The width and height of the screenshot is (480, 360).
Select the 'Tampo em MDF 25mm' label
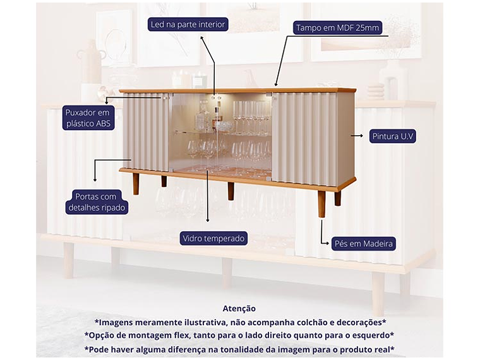tap(337, 28)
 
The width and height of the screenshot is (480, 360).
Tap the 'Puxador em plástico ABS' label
tap(88, 118)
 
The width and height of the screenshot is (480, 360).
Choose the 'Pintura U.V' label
tap(393, 136)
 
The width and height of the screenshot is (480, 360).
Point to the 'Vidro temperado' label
tap(213, 238)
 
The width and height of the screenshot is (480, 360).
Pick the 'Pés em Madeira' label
tap(363, 243)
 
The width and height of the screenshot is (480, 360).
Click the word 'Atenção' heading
tap(239, 308)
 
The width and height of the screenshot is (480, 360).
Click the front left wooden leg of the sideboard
tap(136, 184)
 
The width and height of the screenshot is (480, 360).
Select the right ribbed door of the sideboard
tap(304, 139)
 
